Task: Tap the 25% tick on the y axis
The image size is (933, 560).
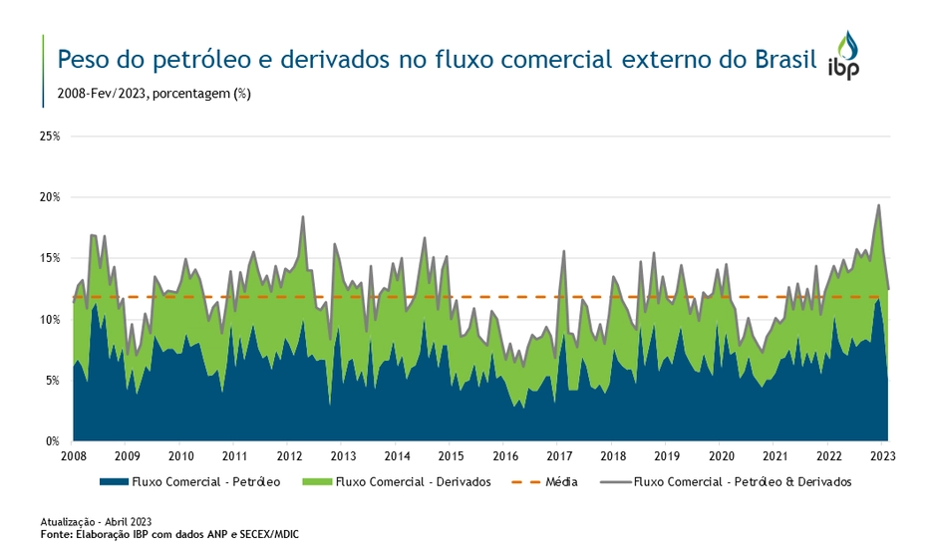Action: click(49, 136)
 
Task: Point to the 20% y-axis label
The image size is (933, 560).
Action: click(49, 197)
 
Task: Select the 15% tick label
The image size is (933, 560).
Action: click(49, 258)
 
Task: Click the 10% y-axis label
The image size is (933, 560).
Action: click(49, 320)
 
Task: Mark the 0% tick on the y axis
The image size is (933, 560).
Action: click(52, 440)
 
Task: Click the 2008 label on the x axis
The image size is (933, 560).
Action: click(73, 456)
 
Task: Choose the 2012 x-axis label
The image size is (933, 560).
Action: click(288, 456)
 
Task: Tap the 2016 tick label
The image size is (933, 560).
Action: click(504, 456)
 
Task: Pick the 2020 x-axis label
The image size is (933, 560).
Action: click(721, 456)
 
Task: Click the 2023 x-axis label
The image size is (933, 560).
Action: click(882, 456)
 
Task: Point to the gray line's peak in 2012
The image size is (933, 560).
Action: click(303, 216)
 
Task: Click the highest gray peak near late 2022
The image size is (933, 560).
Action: click(878, 205)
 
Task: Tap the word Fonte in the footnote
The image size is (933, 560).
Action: click(58, 535)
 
